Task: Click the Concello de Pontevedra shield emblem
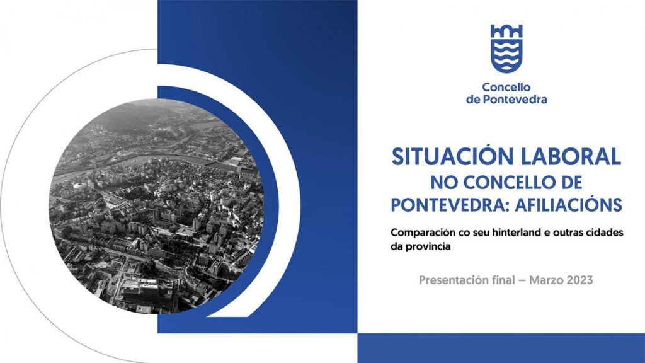506,49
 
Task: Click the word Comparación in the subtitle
423,233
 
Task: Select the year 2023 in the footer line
580,280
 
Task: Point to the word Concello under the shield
506,87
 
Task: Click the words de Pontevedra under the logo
506,100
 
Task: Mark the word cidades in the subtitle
607,233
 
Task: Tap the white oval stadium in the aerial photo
80,186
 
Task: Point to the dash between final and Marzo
522,281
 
